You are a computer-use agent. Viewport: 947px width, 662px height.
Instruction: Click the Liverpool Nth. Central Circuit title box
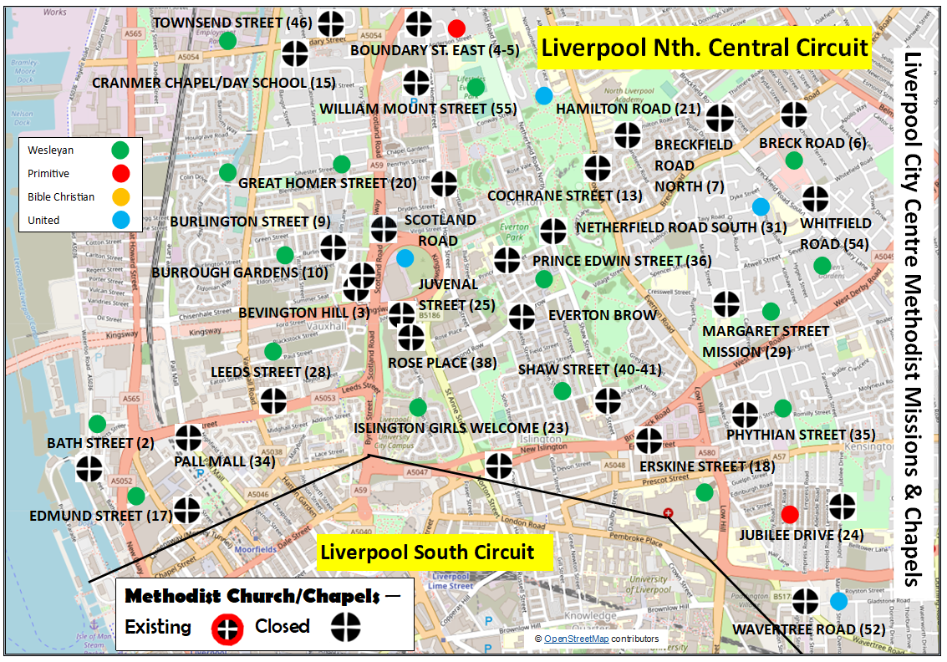(x=705, y=48)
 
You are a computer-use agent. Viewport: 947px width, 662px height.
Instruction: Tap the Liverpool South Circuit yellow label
(x=427, y=553)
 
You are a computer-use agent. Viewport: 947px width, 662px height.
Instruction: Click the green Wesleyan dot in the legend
(x=121, y=150)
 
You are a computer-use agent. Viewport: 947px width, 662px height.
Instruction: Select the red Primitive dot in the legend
(x=121, y=174)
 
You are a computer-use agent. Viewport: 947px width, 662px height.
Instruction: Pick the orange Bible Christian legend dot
(x=121, y=197)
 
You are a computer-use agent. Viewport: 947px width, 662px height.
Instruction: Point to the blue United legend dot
(x=121, y=221)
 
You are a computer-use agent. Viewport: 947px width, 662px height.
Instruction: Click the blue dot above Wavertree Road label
(x=838, y=602)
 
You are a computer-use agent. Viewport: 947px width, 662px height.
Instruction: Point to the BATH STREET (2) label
(x=89, y=443)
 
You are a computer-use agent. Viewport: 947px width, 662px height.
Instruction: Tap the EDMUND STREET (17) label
(x=97, y=516)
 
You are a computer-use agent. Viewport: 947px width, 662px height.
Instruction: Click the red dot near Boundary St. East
(x=456, y=28)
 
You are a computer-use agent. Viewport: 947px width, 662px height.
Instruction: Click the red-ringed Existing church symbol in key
(x=226, y=627)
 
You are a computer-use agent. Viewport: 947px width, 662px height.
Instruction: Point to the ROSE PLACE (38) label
(x=442, y=363)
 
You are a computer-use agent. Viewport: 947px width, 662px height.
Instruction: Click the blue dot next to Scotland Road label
(x=405, y=258)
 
